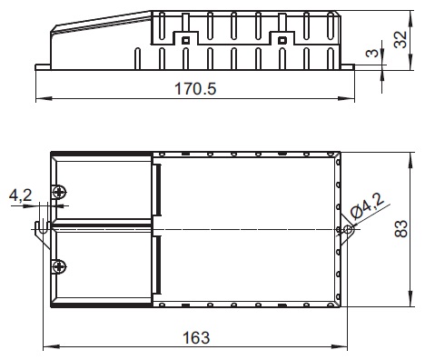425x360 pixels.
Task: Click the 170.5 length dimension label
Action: tap(195, 89)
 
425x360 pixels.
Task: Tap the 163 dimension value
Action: tap(196, 337)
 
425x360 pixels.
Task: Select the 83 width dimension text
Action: tap(401, 229)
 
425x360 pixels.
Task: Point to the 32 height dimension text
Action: tap(400, 40)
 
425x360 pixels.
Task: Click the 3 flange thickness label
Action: tap(372, 53)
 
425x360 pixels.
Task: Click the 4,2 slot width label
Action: tap(20, 195)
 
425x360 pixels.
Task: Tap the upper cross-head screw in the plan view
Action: tap(59, 192)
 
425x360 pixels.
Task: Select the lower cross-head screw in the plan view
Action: tap(59, 266)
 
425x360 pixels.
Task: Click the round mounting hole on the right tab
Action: tap(349, 229)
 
